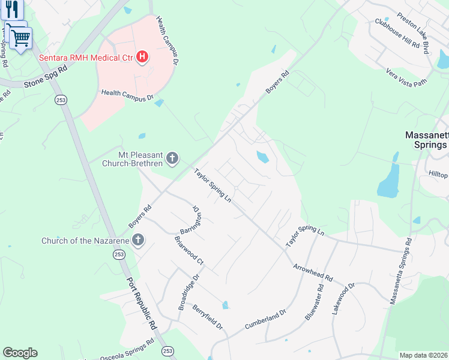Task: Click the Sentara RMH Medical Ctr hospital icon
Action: (x=142, y=58)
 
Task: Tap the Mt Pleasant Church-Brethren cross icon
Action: (x=172, y=158)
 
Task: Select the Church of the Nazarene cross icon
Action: (x=138, y=241)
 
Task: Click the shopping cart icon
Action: (x=20, y=38)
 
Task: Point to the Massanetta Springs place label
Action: (x=426, y=140)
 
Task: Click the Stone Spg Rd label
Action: (x=45, y=79)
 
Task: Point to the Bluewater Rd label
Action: (x=315, y=302)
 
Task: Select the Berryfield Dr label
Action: (x=208, y=317)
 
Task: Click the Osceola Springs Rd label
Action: (x=126, y=348)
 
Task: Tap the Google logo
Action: (x=20, y=353)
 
